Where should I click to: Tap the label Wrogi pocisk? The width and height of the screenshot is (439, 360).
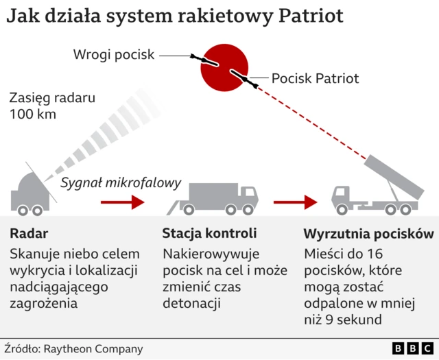click(115, 54)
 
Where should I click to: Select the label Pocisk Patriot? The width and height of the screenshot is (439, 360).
click(315, 78)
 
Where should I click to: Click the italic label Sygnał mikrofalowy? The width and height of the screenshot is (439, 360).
click(121, 183)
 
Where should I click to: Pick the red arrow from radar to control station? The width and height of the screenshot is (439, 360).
click(123, 202)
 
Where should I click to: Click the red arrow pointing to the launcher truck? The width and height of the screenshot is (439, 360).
click(295, 202)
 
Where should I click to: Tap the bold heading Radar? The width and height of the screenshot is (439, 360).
click(29, 234)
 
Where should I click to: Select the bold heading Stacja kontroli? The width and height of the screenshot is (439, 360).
click(209, 234)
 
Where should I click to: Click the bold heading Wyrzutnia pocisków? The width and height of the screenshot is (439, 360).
click(368, 234)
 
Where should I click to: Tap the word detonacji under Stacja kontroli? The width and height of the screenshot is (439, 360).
click(191, 302)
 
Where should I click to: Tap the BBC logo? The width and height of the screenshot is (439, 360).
click(412, 348)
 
